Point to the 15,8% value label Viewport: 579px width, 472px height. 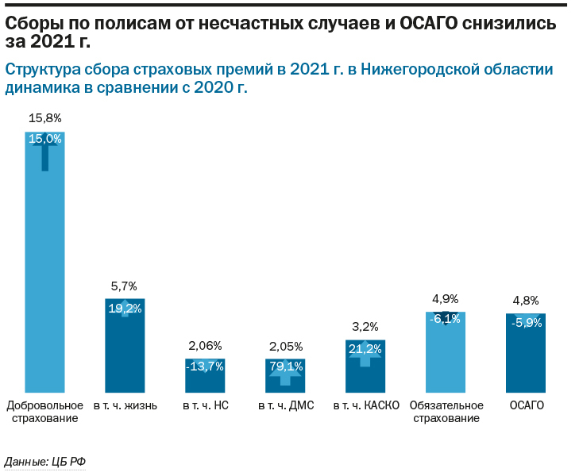(x=44, y=118)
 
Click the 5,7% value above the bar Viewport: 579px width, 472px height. (x=125, y=286)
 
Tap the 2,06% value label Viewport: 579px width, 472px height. (x=205, y=346)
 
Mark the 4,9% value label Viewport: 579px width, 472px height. (x=446, y=299)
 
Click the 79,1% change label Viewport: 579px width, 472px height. (x=285, y=366)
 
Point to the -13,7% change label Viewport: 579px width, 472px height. (x=205, y=366)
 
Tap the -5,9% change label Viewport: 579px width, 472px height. (x=526, y=323)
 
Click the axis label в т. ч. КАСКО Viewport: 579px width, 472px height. (x=365, y=405)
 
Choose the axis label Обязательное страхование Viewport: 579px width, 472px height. (x=446, y=412)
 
